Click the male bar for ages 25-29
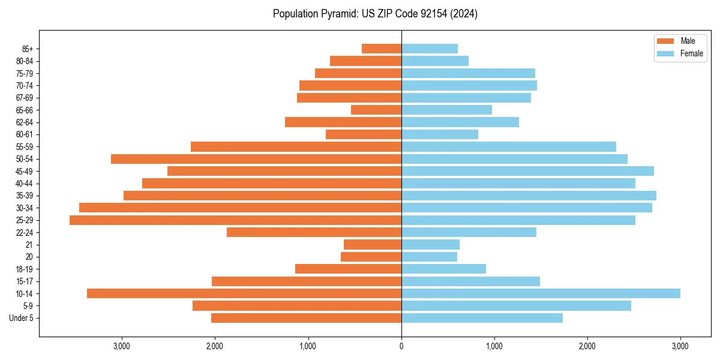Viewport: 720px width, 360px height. [x=235, y=220]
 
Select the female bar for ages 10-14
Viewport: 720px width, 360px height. [x=541, y=293]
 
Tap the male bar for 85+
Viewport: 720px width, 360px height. [x=382, y=49]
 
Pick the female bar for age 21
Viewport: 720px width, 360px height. [x=430, y=245]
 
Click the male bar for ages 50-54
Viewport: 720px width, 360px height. [x=256, y=159]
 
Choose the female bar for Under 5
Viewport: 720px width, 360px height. [x=482, y=318]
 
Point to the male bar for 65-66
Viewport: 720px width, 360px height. [x=376, y=110]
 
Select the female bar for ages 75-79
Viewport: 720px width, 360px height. [x=468, y=73]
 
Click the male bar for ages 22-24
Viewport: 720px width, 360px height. [x=314, y=232]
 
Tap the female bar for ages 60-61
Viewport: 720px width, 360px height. [x=440, y=134]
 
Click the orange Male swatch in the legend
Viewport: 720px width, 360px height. [x=665, y=41]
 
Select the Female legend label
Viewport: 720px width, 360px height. [x=691, y=53]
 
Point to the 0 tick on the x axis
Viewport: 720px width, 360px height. [x=401, y=346]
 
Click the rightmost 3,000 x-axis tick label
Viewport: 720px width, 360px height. [x=680, y=346]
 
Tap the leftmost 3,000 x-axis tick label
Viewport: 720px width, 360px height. [x=122, y=346]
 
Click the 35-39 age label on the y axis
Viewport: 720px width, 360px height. [x=24, y=196]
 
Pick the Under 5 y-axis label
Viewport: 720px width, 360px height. [x=21, y=318]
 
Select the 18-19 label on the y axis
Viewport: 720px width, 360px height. [x=24, y=269]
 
